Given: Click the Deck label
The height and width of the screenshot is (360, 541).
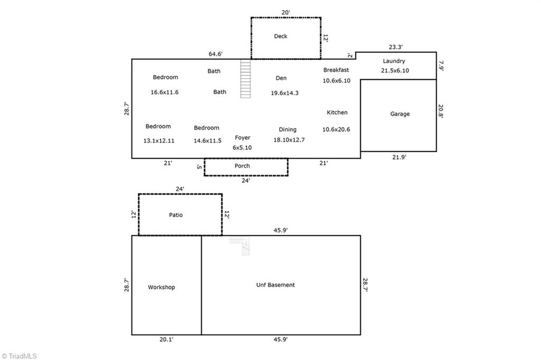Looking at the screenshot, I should pos(281,36).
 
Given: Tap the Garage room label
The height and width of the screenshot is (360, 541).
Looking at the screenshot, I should pos(400,114).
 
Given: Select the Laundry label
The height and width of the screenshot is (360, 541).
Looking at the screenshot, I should pos(394,61).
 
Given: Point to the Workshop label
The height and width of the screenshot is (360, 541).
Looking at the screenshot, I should pos(161,288).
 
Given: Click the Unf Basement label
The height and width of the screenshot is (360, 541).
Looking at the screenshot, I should pos(275,285).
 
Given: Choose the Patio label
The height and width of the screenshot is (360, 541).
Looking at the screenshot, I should pos(176,215).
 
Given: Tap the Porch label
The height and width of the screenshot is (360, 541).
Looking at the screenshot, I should pos(242,166).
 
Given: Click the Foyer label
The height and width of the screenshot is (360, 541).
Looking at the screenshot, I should pos(242,138).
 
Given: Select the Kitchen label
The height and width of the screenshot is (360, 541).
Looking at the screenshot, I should pos(337,113).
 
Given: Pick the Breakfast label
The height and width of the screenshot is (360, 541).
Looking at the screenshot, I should pos(336,70).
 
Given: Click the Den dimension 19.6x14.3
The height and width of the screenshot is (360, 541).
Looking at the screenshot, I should pos(285,93).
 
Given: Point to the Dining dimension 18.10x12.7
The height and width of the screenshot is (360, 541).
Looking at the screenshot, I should pos(289,140).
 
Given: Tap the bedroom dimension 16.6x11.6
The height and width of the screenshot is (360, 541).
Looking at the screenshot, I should pos(165,92).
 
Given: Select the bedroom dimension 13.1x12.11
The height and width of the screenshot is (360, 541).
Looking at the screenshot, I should pos(159,141).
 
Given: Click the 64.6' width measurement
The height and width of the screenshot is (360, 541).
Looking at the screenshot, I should pos(216,54).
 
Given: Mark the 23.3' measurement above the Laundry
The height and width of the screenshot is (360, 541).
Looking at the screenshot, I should pos(396,47).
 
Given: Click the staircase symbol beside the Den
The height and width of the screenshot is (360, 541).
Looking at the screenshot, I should pos(245,78).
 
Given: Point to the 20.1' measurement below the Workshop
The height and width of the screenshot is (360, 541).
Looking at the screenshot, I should pos(166,340).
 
